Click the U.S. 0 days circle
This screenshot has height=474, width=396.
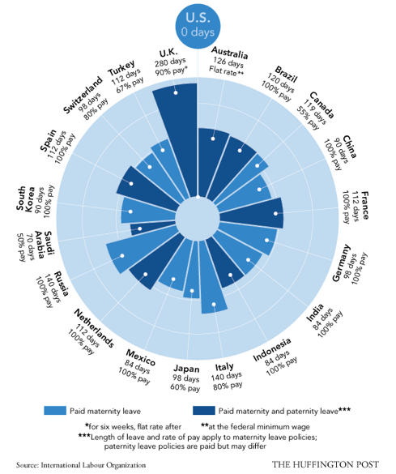198,26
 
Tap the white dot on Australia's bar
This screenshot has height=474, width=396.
213,139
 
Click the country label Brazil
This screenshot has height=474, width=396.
286,75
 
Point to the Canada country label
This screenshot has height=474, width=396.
321,105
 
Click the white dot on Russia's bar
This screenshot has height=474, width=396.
122,256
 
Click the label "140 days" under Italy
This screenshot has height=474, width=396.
226,377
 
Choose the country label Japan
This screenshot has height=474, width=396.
186,369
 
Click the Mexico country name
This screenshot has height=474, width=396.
140,357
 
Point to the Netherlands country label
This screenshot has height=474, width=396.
94,328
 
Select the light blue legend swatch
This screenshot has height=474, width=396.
55,411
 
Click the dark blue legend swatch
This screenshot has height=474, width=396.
204,411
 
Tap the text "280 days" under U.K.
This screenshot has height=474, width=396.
170,62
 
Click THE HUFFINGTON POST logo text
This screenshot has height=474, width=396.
326,464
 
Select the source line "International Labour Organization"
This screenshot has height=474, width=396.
93,465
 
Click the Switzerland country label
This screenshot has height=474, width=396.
83,96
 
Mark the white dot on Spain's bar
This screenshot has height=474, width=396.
131,183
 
